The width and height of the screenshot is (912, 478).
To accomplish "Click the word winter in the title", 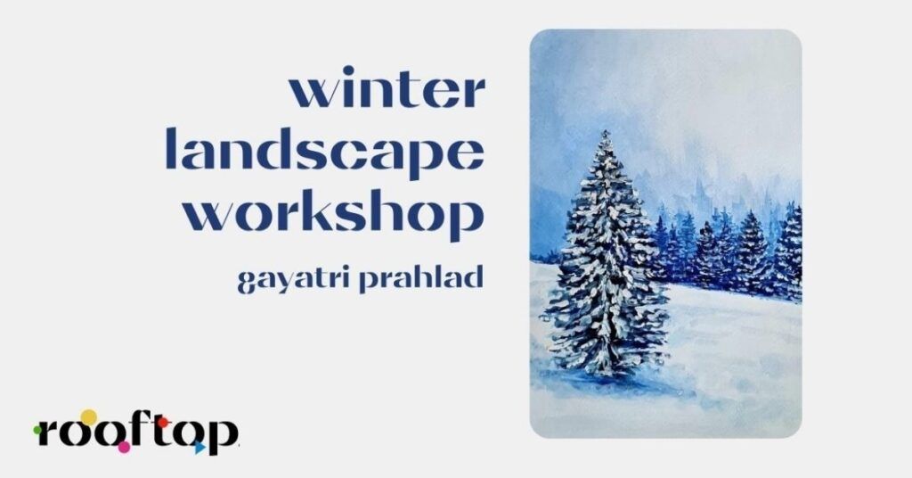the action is pyautogui.click(x=387, y=88).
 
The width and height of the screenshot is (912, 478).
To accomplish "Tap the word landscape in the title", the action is pyautogui.click(x=325, y=150).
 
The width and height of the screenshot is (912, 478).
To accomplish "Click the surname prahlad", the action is pyautogui.click(x=421, y=278).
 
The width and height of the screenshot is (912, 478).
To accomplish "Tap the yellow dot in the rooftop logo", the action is pyautogui.click(x=88, y=417).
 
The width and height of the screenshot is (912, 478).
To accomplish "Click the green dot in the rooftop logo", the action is pyautogui.click(x=37, y=431).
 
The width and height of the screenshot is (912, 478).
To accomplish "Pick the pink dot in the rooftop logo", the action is pyautogui.click(x=123, y=447).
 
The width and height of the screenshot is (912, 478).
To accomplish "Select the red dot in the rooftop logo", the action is pyautogui.click(x=163, y=422).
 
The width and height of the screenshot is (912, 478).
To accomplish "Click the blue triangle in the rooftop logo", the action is pyautogui.click(x=200, y=448).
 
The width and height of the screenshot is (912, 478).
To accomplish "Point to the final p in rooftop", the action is pyautogui.click(x=222, y=437).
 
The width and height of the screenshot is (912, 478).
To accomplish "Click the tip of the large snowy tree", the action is pyautogui.click(x=606, y=132).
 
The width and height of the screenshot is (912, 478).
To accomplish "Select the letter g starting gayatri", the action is pyautogui.click(x=247, y=283).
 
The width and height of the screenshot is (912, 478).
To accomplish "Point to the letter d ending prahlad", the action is pyautogui.click(x=473, y=277).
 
